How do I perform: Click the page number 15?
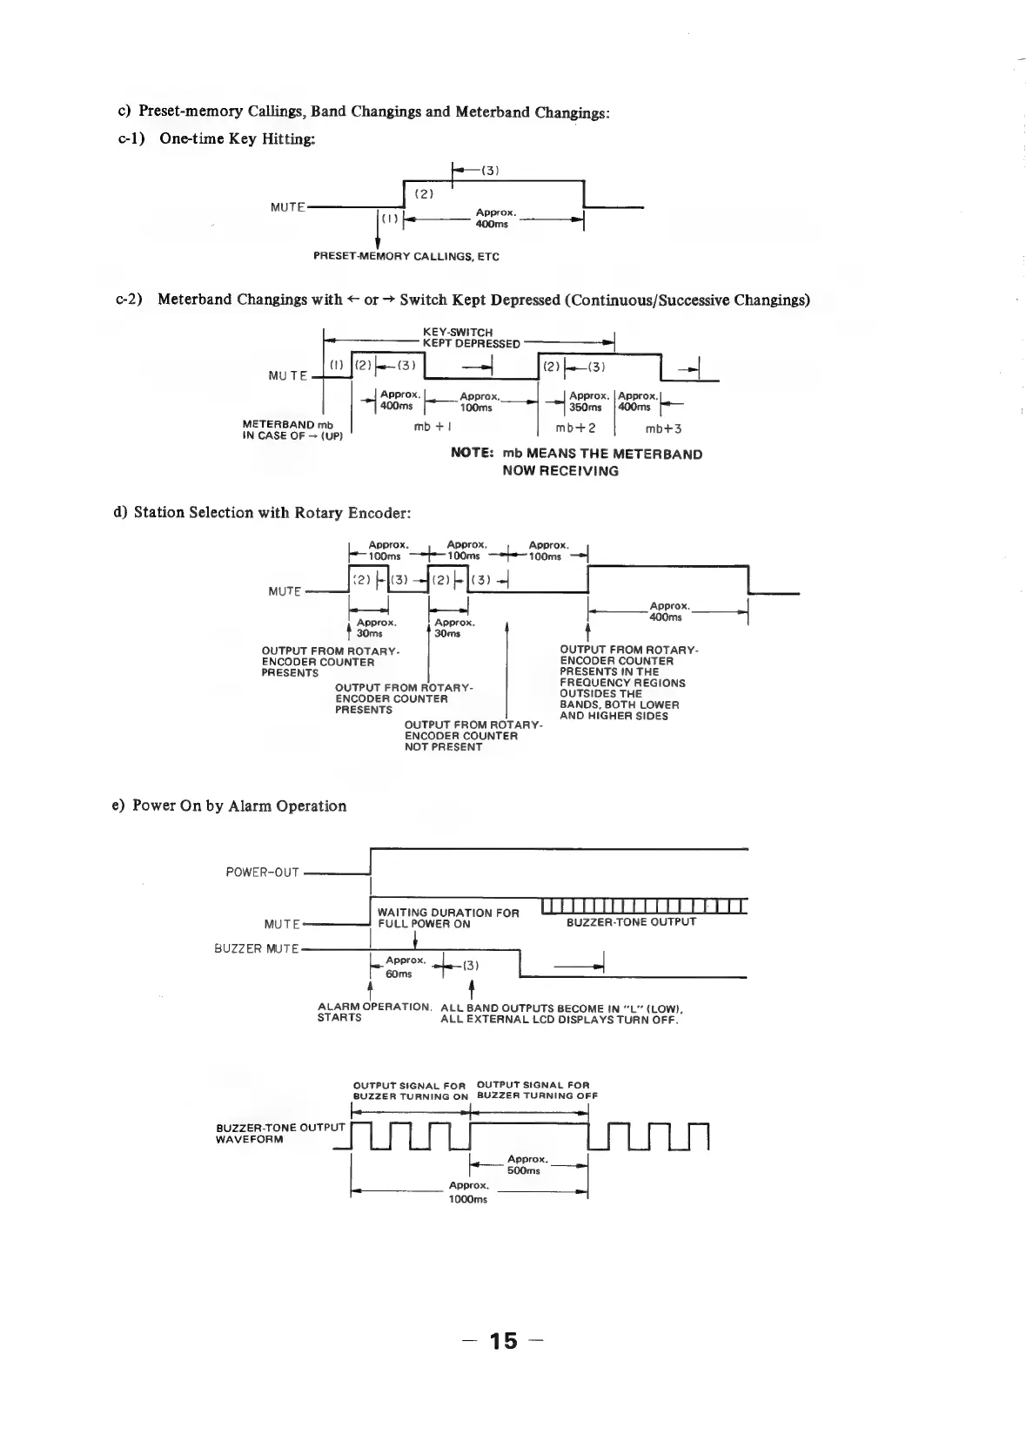[503, 1341]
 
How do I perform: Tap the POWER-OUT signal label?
[262, 872]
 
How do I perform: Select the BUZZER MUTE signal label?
[256, 948]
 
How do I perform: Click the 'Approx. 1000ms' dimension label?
[468, 1192]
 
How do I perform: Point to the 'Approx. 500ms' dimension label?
[526, 1165]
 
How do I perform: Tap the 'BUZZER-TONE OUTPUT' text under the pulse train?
[631, 922]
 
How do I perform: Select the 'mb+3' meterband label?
[663, 428]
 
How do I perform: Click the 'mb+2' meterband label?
[576, 428]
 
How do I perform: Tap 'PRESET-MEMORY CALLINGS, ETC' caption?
[406, 257]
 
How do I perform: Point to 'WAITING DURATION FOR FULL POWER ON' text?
[447, 918]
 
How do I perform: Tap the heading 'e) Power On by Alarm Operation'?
[239, 806]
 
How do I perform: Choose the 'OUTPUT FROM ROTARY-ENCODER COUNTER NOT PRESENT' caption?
[473, 736]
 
